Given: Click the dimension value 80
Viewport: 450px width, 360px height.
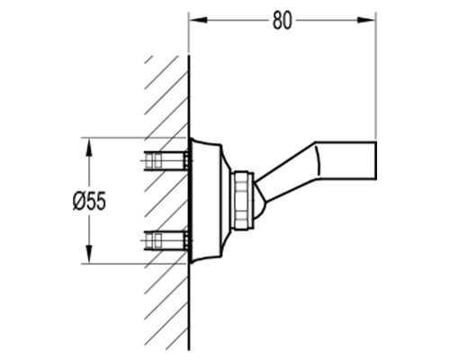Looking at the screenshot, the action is [x=282, y=21].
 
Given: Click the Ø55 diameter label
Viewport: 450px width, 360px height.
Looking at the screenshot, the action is [x=89, y=201].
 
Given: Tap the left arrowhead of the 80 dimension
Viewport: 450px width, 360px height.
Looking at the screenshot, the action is [x=199, y=20].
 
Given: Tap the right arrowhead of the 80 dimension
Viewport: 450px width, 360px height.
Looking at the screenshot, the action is [x=366, y=20].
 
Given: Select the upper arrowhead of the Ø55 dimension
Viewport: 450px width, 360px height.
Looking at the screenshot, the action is [x=89, y=148].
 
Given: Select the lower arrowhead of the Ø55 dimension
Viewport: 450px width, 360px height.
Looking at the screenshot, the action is [x=89, y=254].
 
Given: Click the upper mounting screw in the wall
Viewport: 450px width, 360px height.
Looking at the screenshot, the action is [x=166, y=161].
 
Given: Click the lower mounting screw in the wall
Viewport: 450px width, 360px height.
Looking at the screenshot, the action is [x=166, y=240].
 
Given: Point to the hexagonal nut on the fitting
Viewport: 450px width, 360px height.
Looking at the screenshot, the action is [x=241, y=201].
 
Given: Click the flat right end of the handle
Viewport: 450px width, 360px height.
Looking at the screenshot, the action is [x=376, y=160].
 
